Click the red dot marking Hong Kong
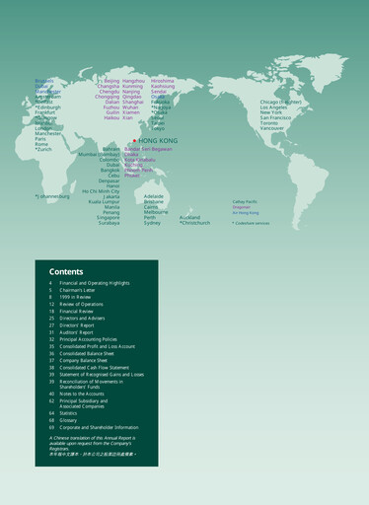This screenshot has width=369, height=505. [134, 140]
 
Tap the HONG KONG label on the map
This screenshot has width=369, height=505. [156, 141]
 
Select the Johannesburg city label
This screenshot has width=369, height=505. [53, 196]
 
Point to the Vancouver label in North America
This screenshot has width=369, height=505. [271, 128]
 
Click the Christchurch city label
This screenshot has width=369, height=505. [194, 223]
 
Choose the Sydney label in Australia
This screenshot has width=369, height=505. [152, 223]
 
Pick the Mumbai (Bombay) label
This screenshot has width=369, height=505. [100, 155]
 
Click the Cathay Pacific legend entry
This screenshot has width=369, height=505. [247, 201]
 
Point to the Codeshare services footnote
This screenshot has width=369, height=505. [252, 223]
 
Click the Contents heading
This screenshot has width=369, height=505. [66, 271]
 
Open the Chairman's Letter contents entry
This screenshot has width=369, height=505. [84, 290]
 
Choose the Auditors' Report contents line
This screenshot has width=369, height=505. [82, 332]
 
